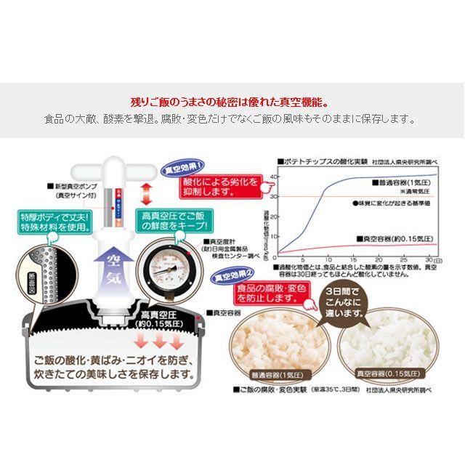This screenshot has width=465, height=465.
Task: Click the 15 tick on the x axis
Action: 352,259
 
